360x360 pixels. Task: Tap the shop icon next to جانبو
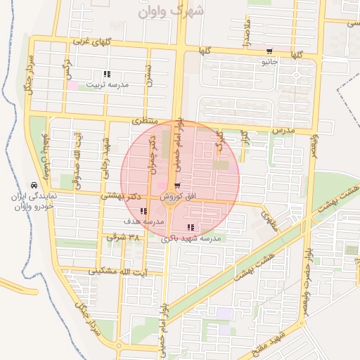(x=270, y=51)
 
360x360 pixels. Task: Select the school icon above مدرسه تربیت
(x=106, y=74)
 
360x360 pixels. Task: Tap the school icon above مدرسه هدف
(x=143, y=211)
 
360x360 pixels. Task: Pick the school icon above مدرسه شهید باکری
(x=191, y=227)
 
